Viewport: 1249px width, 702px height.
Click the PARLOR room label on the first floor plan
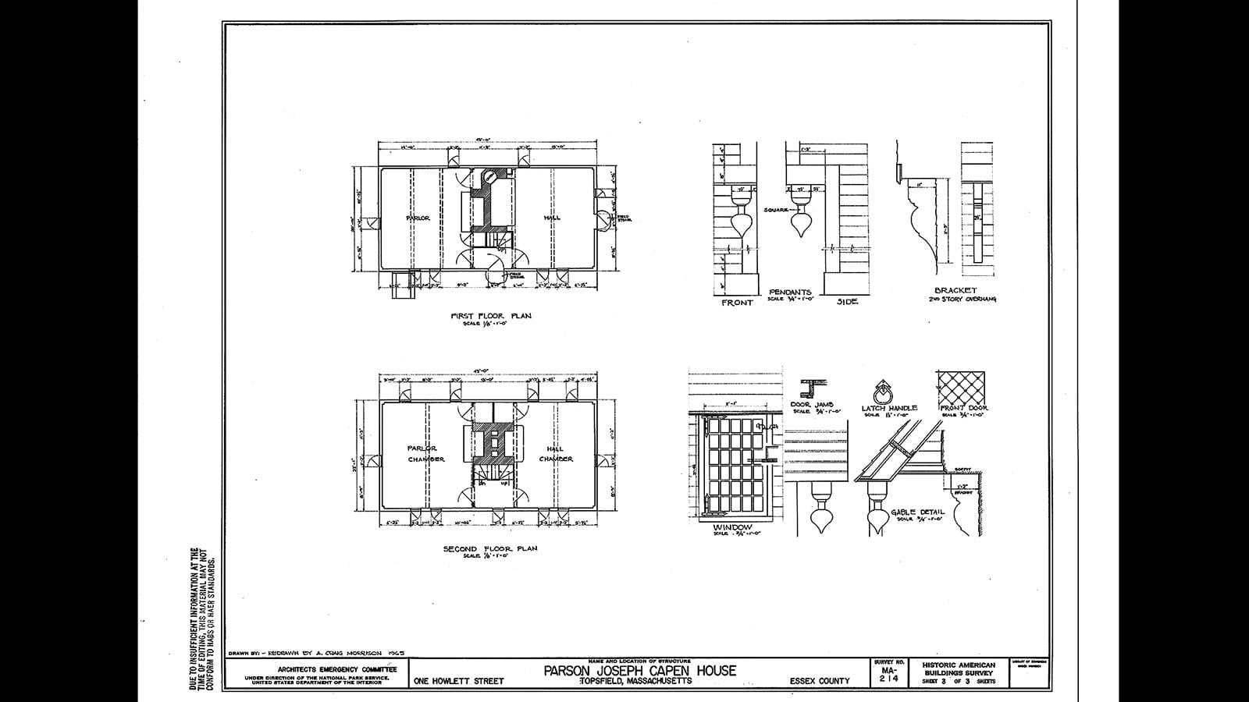418,218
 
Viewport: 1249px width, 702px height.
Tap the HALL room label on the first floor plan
552,218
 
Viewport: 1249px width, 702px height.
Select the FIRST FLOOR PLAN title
491,316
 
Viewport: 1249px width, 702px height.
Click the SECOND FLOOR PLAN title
490,548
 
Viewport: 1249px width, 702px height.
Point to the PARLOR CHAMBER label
425,454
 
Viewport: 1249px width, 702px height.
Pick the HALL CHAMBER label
556,454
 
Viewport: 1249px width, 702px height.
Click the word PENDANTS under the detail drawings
790,292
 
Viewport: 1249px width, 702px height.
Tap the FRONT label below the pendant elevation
737,303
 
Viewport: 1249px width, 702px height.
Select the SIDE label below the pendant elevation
846,302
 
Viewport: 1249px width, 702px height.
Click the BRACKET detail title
955,291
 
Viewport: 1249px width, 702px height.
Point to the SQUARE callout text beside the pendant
778,209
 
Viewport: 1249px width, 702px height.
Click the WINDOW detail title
731,527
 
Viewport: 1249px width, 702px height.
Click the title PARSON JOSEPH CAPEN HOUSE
639,671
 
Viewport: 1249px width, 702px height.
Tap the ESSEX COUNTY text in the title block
819,681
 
